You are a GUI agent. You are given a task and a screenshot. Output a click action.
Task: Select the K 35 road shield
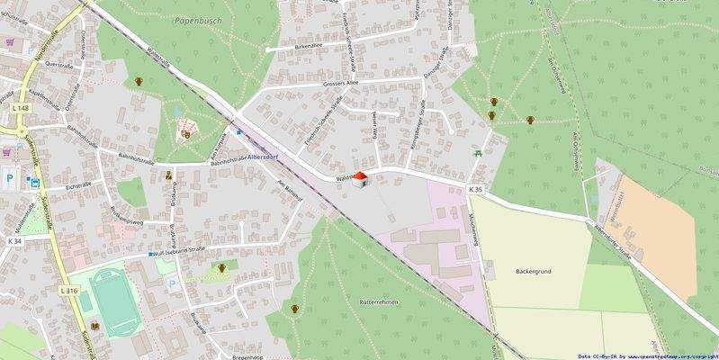click(x=475, y=189)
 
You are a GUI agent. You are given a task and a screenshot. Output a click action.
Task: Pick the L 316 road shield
click(x=68, y=290)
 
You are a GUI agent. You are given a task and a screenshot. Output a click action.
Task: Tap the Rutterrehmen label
click(x=379, y=303)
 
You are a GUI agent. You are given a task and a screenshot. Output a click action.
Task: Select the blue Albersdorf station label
click(x=271, y=155)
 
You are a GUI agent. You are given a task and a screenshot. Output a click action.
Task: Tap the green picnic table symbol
click(x=478, y=154)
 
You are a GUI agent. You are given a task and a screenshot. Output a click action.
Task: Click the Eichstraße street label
click(x=79, y=186)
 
